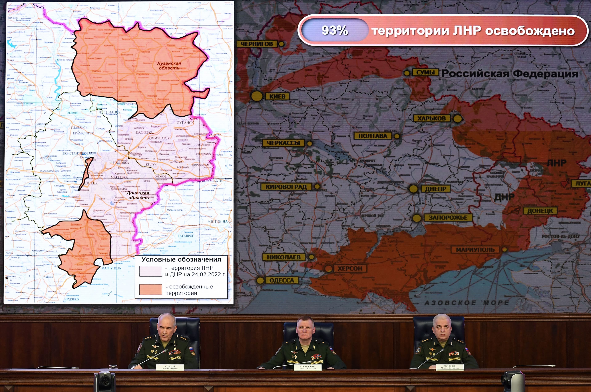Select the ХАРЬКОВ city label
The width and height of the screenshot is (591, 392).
(x=431, y=118)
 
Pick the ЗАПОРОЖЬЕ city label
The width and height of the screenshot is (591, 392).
(x=448, y=217)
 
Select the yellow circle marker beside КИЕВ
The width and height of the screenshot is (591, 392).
(x=257, y=96)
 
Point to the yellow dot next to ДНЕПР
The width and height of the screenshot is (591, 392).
(x=414, y=189)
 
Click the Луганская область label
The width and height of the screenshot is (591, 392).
(x=169, y=65)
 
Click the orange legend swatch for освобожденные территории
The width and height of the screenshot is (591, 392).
(x=151, y=290)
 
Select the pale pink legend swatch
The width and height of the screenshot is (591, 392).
(x=151, y=271)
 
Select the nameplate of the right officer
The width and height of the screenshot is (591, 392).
(x=450, y=367)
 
